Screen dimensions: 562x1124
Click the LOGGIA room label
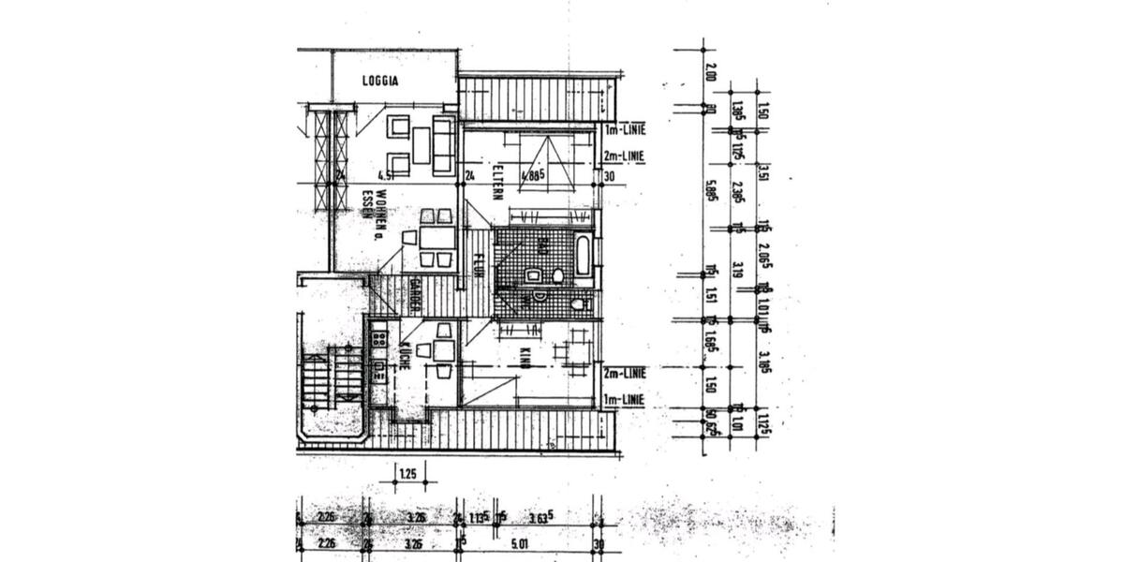tap(380, 81)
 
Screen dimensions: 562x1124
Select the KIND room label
tap(525, 357)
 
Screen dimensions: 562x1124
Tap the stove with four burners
tap(378, 334)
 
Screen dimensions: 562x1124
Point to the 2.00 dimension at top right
tap(710, 72)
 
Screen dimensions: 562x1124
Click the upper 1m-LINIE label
tap(625, 129)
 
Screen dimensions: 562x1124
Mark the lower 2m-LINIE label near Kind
tap(625, 374)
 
